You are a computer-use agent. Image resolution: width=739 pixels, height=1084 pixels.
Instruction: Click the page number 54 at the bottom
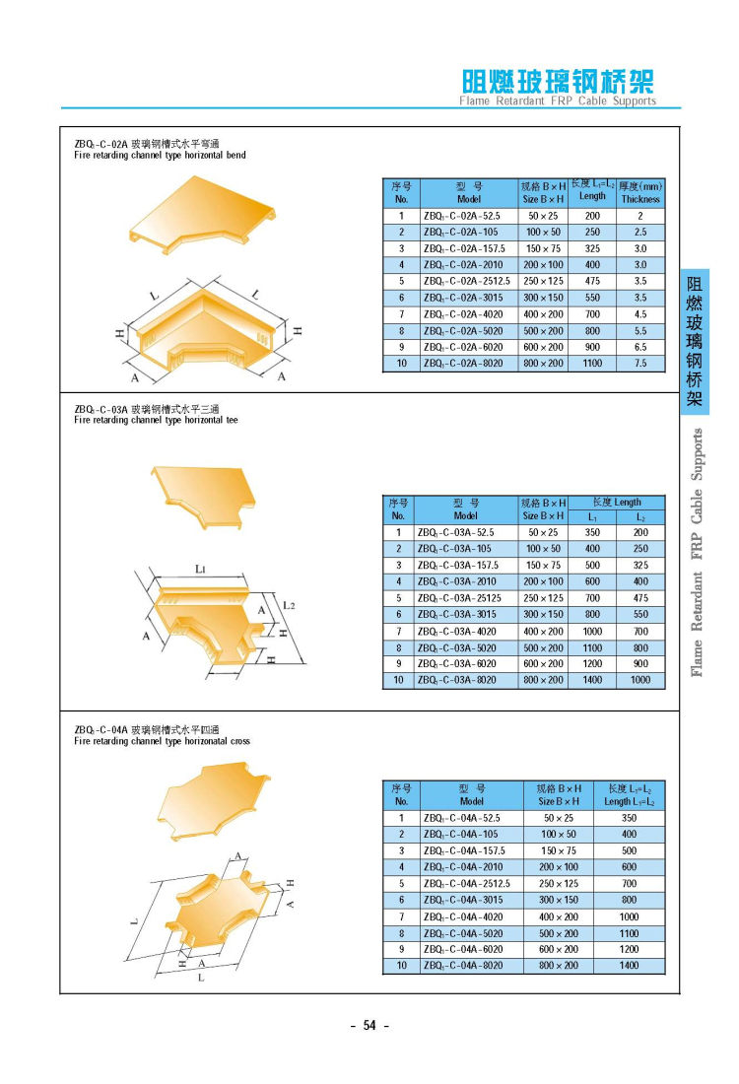pyautogui.click(x=369, y=1026)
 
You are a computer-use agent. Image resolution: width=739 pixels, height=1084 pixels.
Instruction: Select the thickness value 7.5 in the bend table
pyautogui.click(x=640, y=364)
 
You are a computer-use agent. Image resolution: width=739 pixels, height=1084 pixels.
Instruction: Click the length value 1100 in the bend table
pyautogui.click(x=592, y=364)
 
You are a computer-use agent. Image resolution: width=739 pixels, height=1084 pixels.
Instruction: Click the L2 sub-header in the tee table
pyautogui.click(x=640, y=517)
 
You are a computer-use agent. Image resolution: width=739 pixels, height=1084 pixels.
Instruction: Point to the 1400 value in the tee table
pyautogui.click(x=592, y=680)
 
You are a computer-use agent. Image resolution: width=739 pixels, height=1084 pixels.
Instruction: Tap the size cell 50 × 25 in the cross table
pyautogui.click(x=559, y=818)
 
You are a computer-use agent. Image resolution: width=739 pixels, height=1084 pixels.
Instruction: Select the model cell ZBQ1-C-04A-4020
pyautogui.click(x=462, y=916)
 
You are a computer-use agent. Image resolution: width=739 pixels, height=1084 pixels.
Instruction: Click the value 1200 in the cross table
pyautogui.click(x=629, y=949)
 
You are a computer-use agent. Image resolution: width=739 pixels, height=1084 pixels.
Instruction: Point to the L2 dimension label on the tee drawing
pyautogui.click(x=289, y=604)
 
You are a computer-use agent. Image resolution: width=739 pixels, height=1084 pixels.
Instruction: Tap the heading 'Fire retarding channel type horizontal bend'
pyautogui.click(x=160, y=156)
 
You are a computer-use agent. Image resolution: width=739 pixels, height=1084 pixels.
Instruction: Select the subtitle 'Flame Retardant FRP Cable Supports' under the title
pyautogui.click(x=557, y=102)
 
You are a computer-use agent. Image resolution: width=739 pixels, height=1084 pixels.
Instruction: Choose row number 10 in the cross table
pyautogui.click(x=401, y=966)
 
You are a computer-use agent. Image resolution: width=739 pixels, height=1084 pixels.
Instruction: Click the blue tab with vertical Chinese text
pyautogui.click(x=695, y=340)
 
